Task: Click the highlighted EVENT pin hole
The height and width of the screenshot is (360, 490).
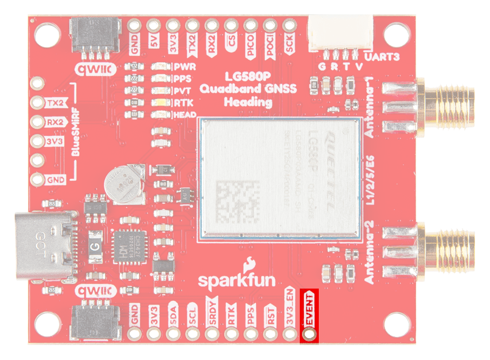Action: pyautogui.click(x=310, y=334)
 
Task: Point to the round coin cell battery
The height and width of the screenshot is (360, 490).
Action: pyautogui.click(x=122, y=184)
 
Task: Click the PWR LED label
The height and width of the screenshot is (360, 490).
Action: pyautogui.click(x=185, y=67)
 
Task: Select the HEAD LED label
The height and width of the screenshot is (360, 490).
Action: pyautogui.click(x=186, y=115)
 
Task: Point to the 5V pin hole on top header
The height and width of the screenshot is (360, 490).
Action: pyautogui.click(x=154, y=25)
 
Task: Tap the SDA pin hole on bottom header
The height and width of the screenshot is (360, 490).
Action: pyautogui.click(x=173, y=334)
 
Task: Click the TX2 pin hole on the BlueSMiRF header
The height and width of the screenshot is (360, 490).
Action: pyautogui.click(x=38, y=103)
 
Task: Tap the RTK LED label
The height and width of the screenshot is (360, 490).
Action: pyautogui.click(x=185, y=103)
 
